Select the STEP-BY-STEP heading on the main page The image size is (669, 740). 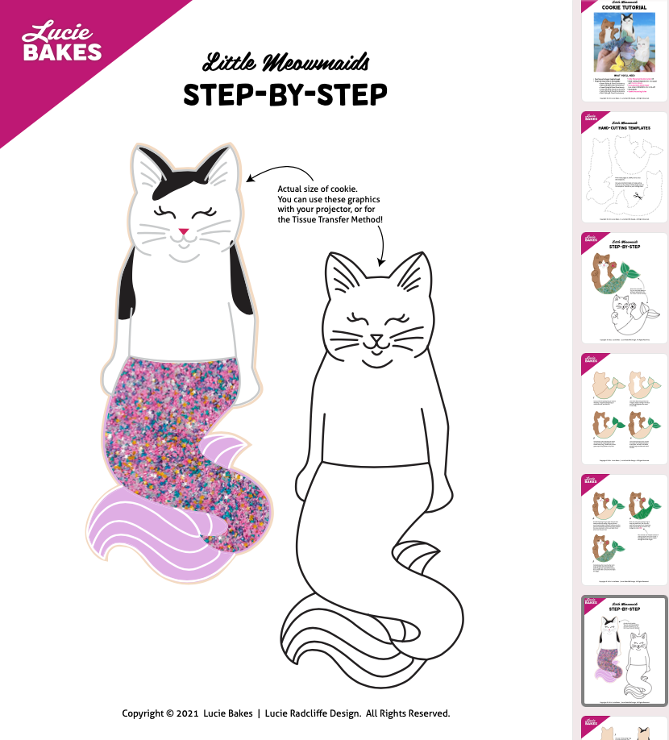point(285,95)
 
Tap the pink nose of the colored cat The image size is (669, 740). point(184,232)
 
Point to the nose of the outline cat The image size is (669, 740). point(376,339)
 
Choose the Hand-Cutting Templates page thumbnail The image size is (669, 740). point(624,167)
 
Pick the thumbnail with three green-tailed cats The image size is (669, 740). point(624,529)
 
